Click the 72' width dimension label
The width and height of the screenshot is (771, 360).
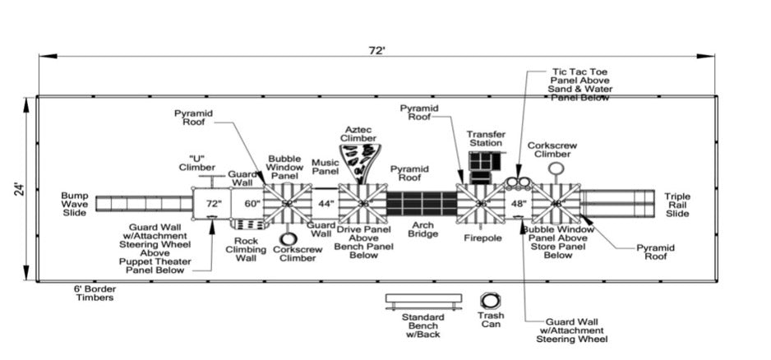point(376,50)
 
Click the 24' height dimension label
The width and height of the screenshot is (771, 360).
point(19,188)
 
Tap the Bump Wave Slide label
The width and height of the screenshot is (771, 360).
point(75,204)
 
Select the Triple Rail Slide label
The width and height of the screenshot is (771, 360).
point(678,205)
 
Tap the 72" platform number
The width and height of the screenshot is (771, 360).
point(214,202)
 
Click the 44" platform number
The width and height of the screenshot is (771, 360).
point(325,202)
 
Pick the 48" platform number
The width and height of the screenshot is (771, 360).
point(518,202)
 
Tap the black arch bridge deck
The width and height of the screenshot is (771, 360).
point(421,203)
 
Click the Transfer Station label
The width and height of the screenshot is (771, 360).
point(486,138)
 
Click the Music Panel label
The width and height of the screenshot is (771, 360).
point(325,167)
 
